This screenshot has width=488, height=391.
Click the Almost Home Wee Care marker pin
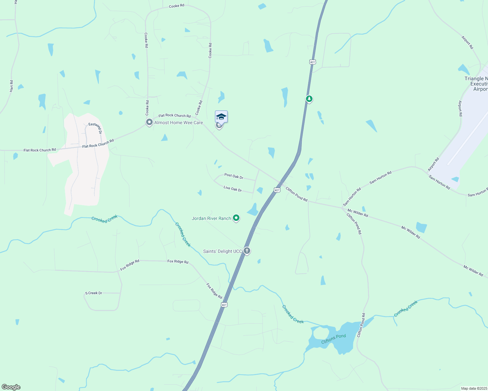(x=149, y=123)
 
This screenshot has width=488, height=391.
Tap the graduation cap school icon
(x=221, y=117)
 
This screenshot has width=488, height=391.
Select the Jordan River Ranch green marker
(x=236, y=218)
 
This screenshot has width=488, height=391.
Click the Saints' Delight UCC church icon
(x=247, y=251)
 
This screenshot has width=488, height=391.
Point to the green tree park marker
(x=309, y=98)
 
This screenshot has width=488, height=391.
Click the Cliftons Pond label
(x=333, y=339)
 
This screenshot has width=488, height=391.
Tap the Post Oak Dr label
(x=234, y=176)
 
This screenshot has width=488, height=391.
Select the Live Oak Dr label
(x=233, y=189)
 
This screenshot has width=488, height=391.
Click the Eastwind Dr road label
(x=96, y=128)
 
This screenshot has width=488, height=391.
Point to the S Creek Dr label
(x=94, y=293)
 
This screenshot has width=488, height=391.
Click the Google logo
(x=11, y=387)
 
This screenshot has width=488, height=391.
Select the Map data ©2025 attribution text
(x=474, y=388)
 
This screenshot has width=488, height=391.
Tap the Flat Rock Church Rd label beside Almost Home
(x=175, y=115)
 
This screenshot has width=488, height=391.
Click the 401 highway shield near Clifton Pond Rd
(x=277, y=190)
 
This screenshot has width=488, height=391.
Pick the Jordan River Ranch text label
(x=211, y=218)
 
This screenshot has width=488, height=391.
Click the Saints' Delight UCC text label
(x=222, y=251)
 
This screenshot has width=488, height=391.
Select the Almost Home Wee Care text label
(x=178, y=123)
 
